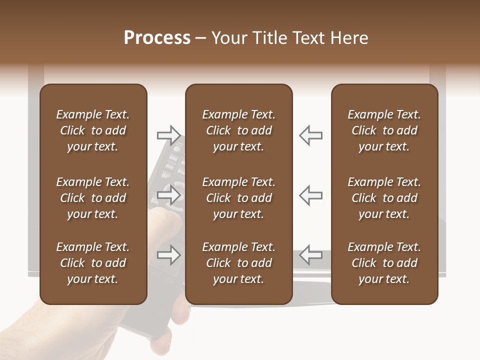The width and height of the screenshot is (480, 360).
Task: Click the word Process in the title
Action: point(157,38)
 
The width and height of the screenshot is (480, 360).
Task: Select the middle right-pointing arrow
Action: point(169,195)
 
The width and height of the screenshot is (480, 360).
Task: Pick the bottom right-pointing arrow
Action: point(169,255)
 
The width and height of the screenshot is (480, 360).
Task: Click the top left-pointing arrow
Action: point(310,135)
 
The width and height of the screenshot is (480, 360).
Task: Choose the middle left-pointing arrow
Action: point(310,195)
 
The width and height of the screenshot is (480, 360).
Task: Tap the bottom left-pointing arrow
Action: point(310,255)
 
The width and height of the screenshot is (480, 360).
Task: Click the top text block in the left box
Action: point(93,130)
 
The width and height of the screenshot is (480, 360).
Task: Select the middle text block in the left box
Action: point(93,198)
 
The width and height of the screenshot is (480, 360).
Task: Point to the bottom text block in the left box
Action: point(93,263)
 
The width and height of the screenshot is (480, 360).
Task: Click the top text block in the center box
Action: point(238,130)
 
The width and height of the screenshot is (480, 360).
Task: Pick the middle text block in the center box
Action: point(238,198)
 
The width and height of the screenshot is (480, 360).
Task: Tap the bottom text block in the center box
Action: point(238,263)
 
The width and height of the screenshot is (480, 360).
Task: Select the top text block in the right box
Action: point(384,130)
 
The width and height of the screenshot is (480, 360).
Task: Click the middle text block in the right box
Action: point(384,198)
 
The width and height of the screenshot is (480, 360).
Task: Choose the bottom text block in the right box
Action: point(384,263)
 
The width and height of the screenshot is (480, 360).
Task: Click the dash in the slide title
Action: point(200,38)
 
